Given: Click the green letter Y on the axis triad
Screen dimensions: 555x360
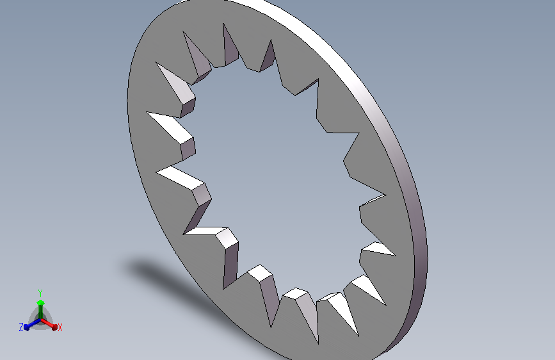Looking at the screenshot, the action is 40,293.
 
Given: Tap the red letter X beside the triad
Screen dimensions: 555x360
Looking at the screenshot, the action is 60,328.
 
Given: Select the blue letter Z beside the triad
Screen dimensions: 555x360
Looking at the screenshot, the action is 21,327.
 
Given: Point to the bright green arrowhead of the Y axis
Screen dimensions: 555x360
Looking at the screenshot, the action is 41,302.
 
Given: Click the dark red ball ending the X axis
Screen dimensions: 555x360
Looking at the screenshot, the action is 54,327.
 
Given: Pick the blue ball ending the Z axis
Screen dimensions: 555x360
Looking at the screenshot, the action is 26,328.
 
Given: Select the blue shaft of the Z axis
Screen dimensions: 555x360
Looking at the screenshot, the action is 34,324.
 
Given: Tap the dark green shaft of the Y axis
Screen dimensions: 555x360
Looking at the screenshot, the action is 41,313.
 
